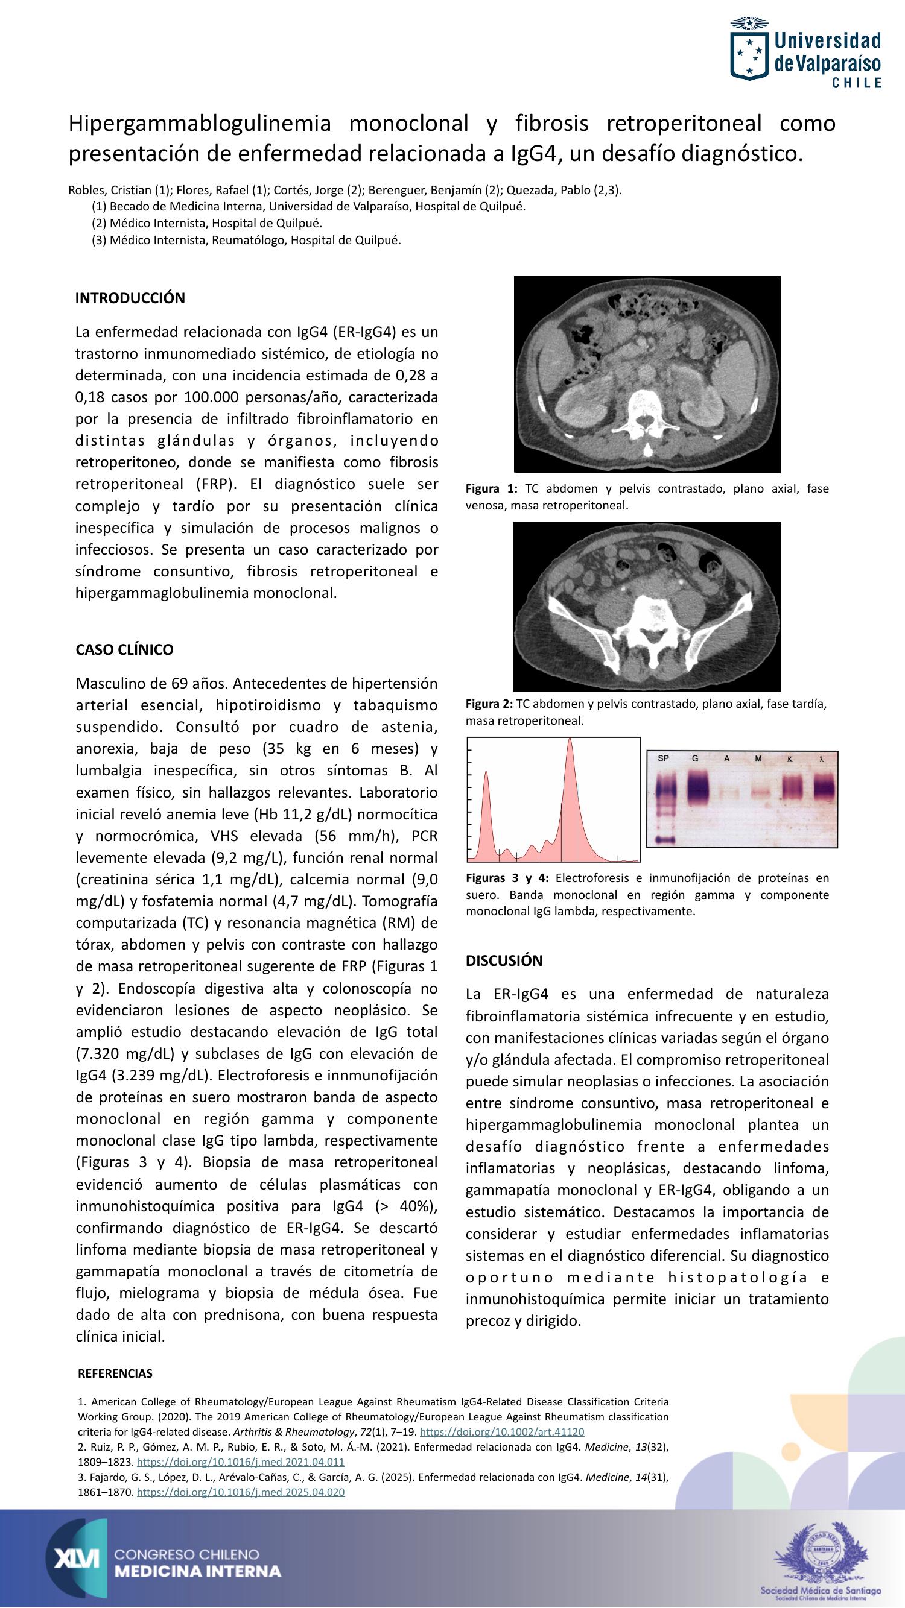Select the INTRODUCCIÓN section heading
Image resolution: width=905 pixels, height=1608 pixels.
pyautogui.click(x=130, y=298)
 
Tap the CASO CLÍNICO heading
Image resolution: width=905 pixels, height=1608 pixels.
pyautogui.click(x=124, y=650)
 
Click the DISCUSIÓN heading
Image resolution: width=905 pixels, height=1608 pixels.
pyautogui.click(x=504, y=960)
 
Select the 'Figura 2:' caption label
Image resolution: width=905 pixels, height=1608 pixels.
pyautogui.click(x=489, y=704)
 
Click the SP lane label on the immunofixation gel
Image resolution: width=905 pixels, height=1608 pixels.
pyautogui.click(x=663, y=758)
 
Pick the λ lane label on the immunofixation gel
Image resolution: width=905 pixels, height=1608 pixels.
pyautogui.click(x=821, y=759)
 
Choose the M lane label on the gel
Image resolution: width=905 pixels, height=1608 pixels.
pyautogui.click(x=758, y=758)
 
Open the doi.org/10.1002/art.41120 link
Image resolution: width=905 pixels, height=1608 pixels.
pyautogui.click(x=502, y=1432)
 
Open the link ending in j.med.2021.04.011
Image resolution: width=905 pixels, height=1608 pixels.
pyautogui.click(x=241, y=1462)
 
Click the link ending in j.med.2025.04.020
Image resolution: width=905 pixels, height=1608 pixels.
pyautogui.click(x=241, y=1492)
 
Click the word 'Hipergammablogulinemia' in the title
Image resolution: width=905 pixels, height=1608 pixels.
pyautogui.click(x=199, y=124)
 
